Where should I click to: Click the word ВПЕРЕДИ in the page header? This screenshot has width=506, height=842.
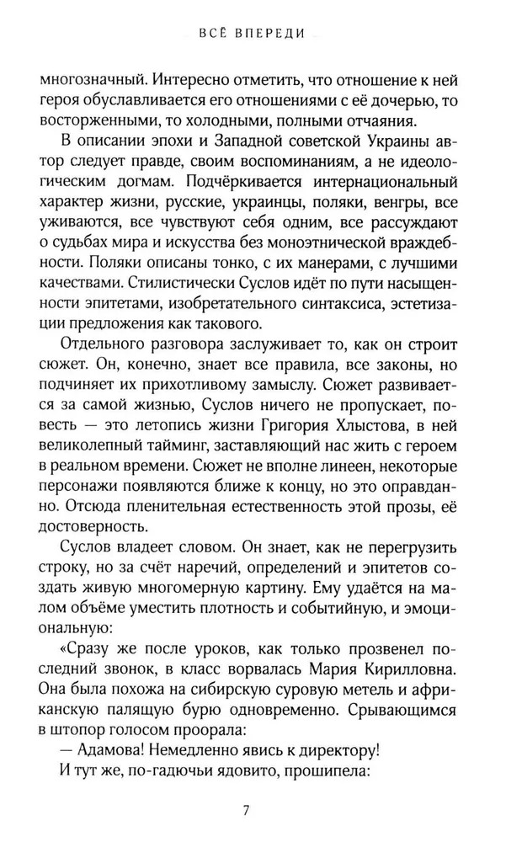pyautogui.click(x=274, y=35)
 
